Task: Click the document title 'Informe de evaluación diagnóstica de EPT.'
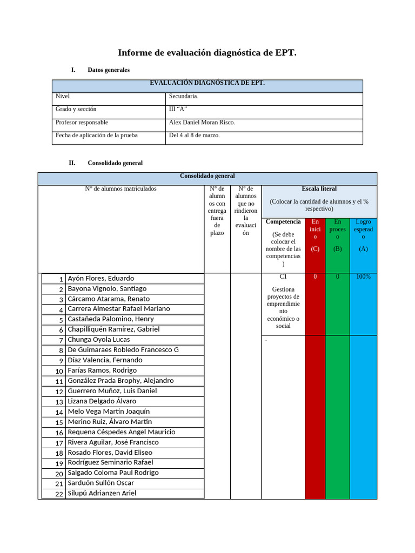pyautogui.click(x=207, y=53)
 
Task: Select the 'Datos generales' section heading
pyautogui.click(x=108, y=70)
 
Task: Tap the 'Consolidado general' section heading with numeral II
pyautogui.click(x=115, y=163)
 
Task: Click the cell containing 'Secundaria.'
pyautogui.click(x=184, y=97)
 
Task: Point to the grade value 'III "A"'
pyautogui.click(x=178, y=110)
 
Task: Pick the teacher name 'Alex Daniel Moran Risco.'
pyautogui.click(x=202, y=123)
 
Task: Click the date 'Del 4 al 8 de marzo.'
pyautogui.click(x=195, y=136)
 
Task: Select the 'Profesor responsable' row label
pyautogui.click(x=82, y=123)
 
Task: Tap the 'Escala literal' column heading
pyautogui.click(x=319, y=189)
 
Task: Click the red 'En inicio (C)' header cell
pyautogui.click(x=315, y=235)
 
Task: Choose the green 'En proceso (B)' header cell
pyautogui.click(x=338, y=235)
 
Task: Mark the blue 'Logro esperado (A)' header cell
pyautogui.click(x=363, y=235)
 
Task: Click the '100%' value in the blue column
pyautogui.click(x=363, y=277)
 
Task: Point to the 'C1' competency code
pyautogui.click(x=283, y=276)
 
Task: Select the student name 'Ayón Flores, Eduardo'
pyautogui.click(x=101, y=279)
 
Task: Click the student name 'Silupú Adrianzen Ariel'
pyautogui.click(x=102, y=494)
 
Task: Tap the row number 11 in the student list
pyautogui.click(x=59, y=381)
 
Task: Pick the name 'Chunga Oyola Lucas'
pyautogui.click(x=98, y=340)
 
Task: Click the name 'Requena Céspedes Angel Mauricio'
pyautogui.click(x=121, y=432)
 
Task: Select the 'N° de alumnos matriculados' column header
pyautogui.click(x=121, y=189)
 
